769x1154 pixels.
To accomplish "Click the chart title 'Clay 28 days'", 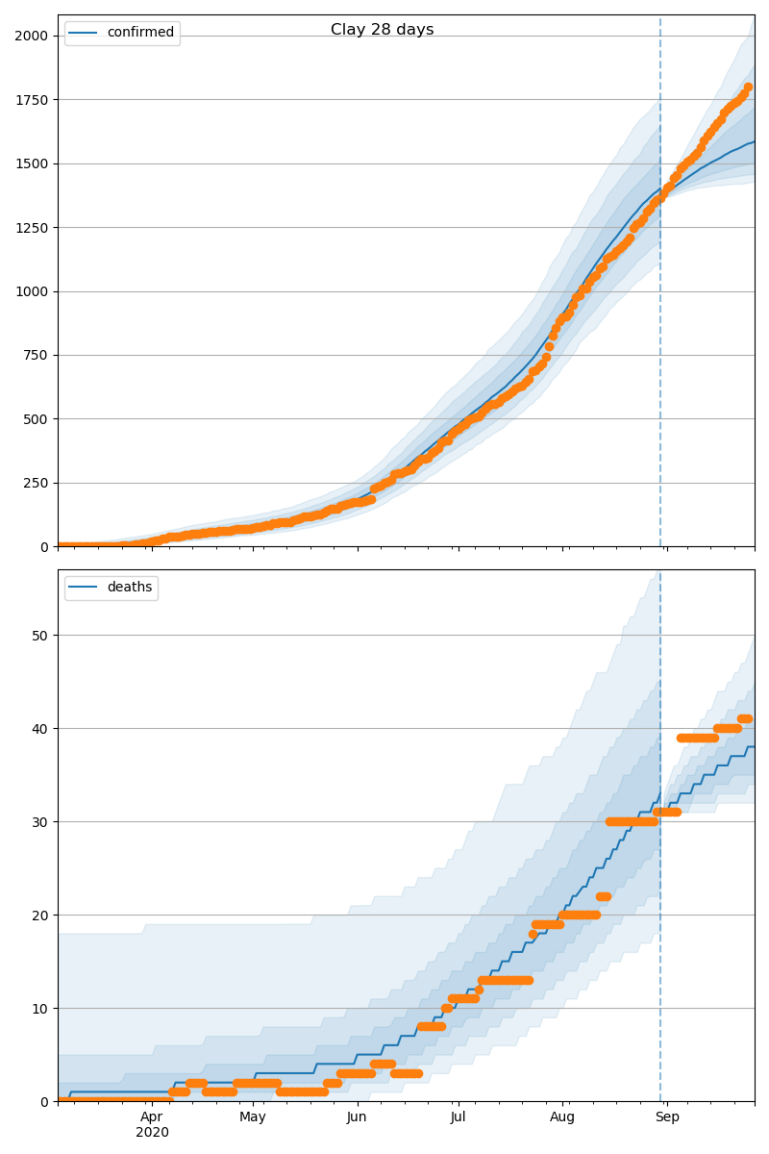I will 382,30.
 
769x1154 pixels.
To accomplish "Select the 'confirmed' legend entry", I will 140,33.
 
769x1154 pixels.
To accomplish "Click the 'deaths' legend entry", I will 129,588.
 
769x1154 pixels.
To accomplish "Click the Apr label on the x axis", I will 152,1117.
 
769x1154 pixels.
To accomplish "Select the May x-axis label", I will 253,1117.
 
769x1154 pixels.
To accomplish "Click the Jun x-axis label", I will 357,1117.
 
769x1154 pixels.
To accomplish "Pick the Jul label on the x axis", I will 458,1117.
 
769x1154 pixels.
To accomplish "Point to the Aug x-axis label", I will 562,1117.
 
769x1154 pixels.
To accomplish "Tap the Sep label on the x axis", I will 667,1117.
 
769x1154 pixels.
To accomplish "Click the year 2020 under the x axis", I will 152,1133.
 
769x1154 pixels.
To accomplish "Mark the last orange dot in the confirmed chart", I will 748,88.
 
